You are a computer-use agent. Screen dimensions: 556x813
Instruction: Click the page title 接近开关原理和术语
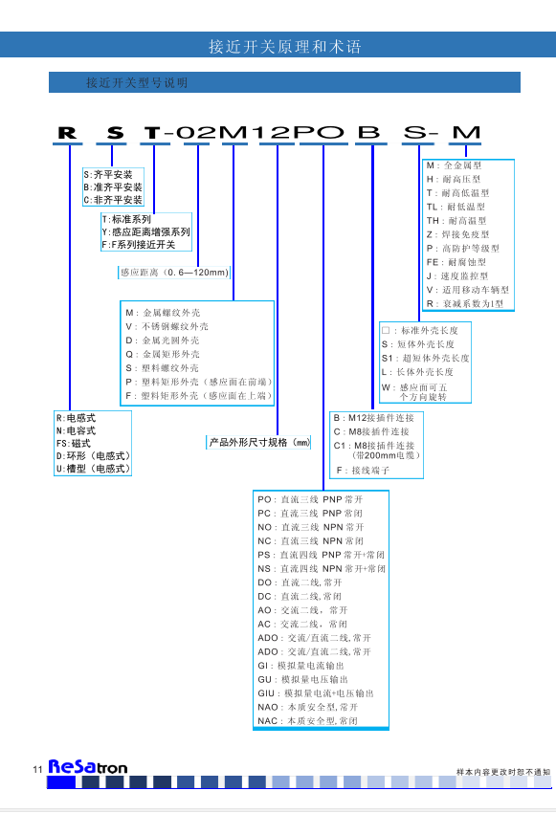pos(285,47)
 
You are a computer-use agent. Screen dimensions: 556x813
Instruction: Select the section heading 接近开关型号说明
pos(137,83)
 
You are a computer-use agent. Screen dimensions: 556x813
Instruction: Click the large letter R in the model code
pos(67,133)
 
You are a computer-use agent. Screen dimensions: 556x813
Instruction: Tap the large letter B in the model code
pos(368,132)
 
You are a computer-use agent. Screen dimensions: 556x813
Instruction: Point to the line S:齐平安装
pos(108,175)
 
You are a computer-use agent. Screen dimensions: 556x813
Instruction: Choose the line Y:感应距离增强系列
pos(146,232)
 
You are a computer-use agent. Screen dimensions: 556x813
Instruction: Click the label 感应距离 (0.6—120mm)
pos(175,273)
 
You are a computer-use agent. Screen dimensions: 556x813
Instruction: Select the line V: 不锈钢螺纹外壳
pos(167,327)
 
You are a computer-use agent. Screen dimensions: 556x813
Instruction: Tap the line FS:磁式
pos(74,443)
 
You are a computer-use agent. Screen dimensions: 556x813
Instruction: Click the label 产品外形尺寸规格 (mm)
pos(259,442)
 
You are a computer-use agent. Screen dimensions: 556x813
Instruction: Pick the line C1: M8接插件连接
pos(374,446)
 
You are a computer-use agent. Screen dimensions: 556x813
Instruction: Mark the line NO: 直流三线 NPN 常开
pos(311,527)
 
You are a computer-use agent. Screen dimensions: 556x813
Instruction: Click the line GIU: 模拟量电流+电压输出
pos(316,693)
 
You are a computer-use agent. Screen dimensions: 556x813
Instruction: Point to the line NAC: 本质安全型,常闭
pos(307,721)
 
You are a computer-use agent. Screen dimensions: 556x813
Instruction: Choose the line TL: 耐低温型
pos(456,207)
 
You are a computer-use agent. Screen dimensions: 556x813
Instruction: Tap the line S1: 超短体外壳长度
pos(425,359)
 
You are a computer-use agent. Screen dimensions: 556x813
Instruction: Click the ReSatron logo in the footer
pos(88,767)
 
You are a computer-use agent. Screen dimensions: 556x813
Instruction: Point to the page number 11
pos(37,769)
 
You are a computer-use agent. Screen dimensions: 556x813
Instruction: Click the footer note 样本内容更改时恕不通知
pos(503,772)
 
